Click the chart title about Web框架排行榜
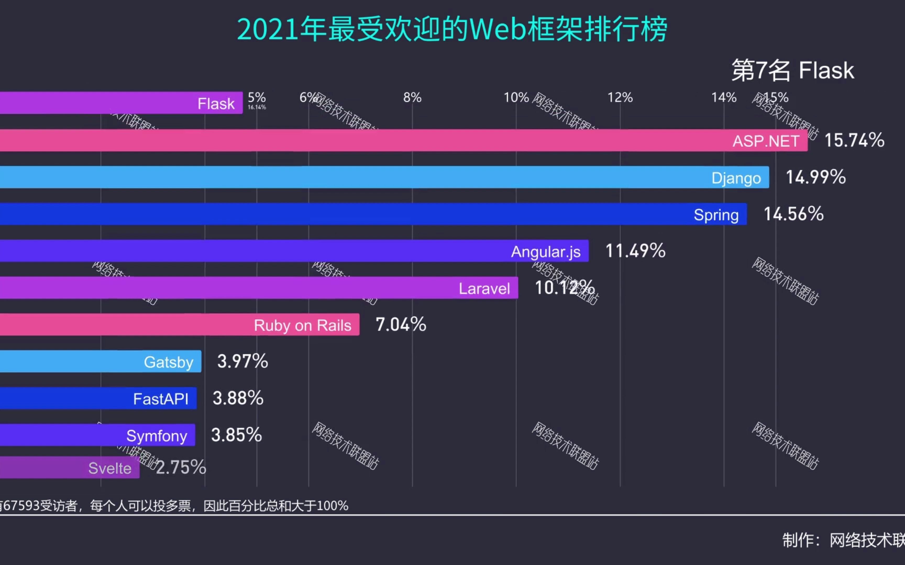(x=452, y=29)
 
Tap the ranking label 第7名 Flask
(x=793, y=70)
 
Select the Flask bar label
(x=216, y=104)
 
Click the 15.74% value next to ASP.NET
(x=854, y=140)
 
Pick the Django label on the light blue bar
(x=736, y=178)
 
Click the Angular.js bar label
(x=546, y=251)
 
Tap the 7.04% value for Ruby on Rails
(x=400, y=324)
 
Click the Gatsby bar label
(x=169, y=362)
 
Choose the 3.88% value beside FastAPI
(x=238, y=398)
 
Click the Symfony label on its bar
(x=157, y=436)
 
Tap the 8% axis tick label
(x=412, y=98)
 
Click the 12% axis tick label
(x=620, y=98)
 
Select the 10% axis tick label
(x=516, y=98)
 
